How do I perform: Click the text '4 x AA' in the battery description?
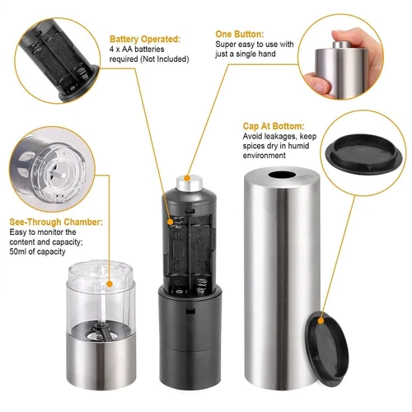tap(124, 49)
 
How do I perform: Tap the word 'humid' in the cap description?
tap(308, 146)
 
